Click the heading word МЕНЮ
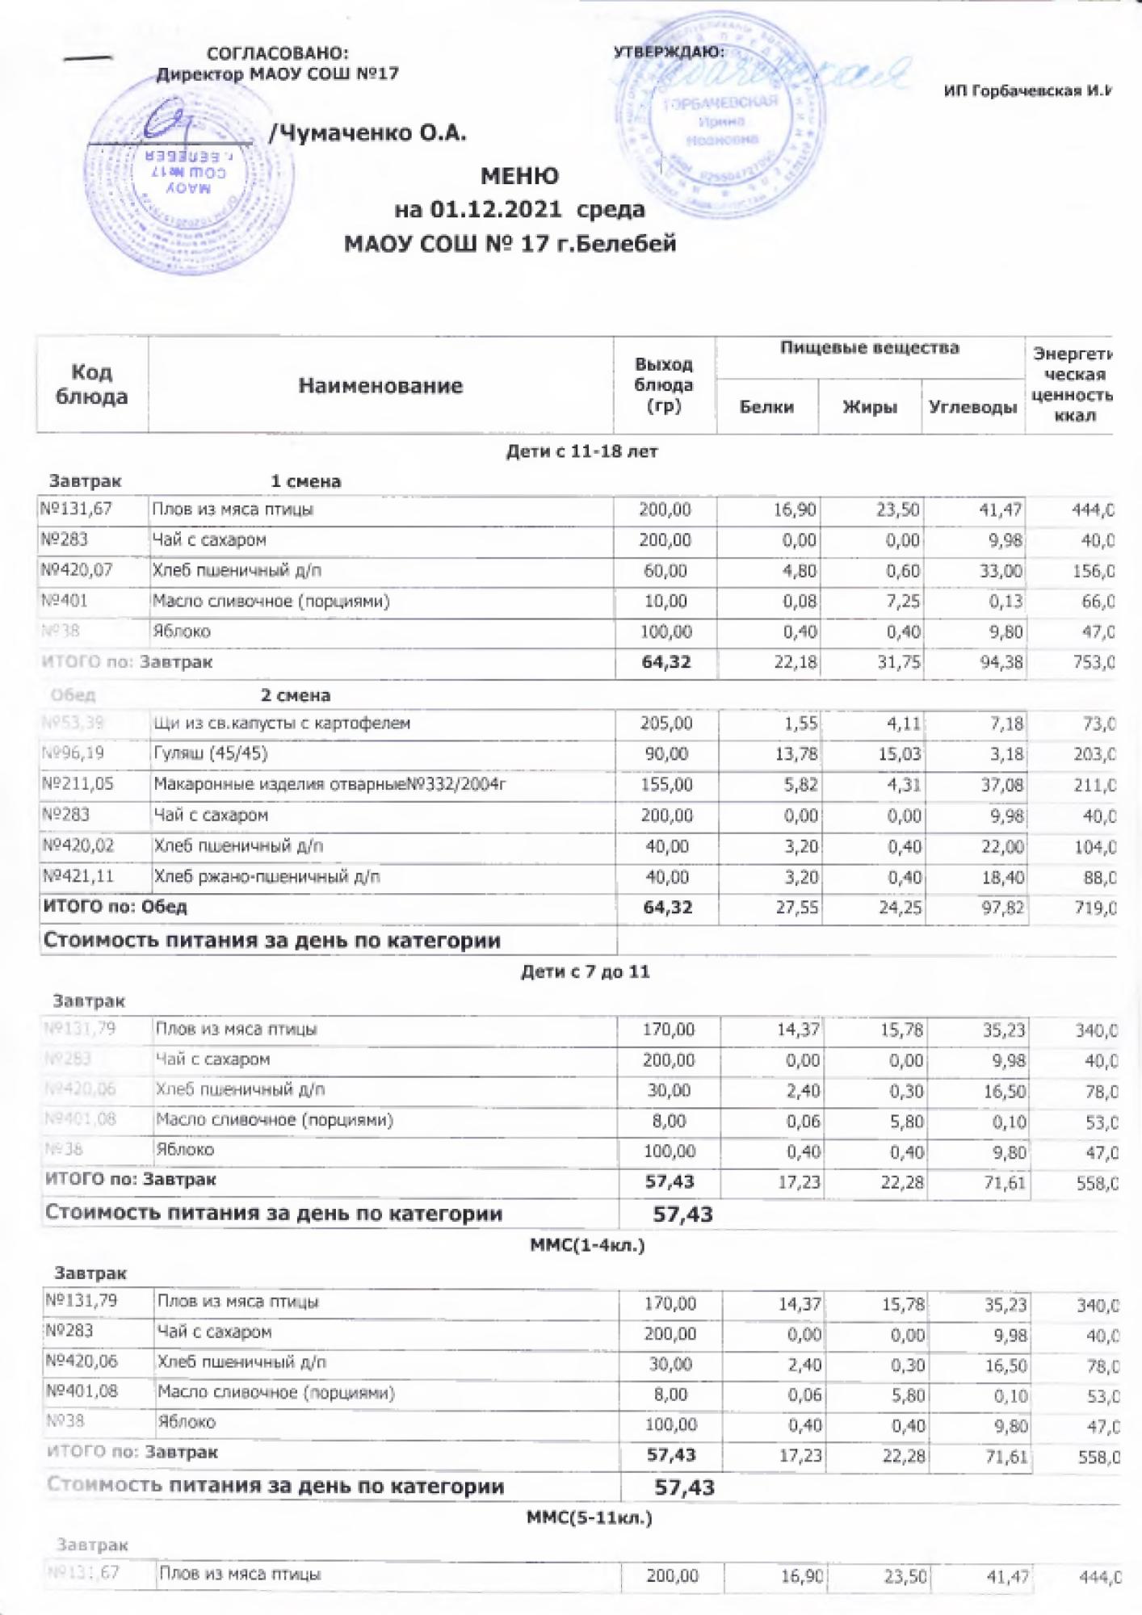[519, 176]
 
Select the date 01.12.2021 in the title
[495, 210]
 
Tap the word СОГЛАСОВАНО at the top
[278, 53]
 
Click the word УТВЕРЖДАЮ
[669, 52]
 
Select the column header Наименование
[380, 386]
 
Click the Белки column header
[766, 407]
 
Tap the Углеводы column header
[972, 407]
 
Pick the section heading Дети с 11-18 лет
[581, 451]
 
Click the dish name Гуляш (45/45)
[211, 753]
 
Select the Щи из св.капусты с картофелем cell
[282, 723]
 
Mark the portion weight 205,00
[666, 724]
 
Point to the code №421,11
[78, 876]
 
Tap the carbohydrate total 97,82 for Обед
[1002, 908]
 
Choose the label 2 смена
[295, 695]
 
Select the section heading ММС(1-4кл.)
[587, 1244]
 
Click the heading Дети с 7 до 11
[585, 971]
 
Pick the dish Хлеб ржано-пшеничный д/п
[267, 876]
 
